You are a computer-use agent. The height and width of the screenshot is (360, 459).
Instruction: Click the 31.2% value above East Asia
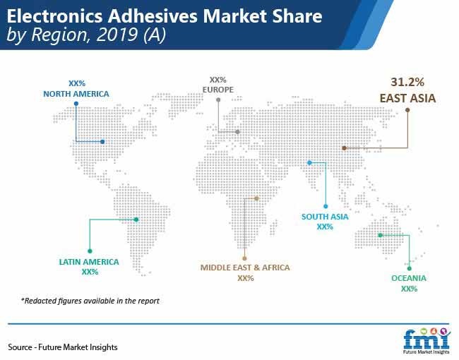coord(407,82)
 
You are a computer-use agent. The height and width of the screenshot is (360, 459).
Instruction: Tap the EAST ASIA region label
coord(407,98)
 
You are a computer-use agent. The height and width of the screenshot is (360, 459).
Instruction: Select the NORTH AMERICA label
coord(76,94)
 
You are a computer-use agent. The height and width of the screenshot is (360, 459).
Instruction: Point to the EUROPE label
coord(218,90)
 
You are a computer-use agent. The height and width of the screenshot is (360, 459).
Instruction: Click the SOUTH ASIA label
coord(325,217)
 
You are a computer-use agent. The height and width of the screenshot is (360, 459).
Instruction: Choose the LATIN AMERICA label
coord(89,262)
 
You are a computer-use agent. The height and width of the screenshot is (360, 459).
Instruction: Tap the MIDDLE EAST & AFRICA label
coord(245,268)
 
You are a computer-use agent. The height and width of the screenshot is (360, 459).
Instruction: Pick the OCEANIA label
coord(409,278)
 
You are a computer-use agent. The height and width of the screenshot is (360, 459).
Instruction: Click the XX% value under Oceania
coord(409,289)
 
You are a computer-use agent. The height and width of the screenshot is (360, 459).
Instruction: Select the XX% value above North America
coord(77,83)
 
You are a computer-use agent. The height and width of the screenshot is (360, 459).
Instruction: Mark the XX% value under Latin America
coord(90,272)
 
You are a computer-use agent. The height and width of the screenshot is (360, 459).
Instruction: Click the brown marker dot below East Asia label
coord(407,110)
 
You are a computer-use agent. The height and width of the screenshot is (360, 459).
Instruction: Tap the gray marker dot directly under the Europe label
coord(218,100)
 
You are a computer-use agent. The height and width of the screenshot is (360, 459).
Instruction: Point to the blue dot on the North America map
coord(102,142)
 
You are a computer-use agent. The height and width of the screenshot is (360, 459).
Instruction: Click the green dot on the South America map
coord(136,220)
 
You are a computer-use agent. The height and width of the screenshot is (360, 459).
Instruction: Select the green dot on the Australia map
coord(380,235)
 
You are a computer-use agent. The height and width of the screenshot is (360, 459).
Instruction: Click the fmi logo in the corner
coord(427,341)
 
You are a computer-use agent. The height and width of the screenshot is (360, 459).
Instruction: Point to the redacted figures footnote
coord(90,301)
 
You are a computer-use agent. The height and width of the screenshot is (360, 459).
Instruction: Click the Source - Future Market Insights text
coord(63,347)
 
